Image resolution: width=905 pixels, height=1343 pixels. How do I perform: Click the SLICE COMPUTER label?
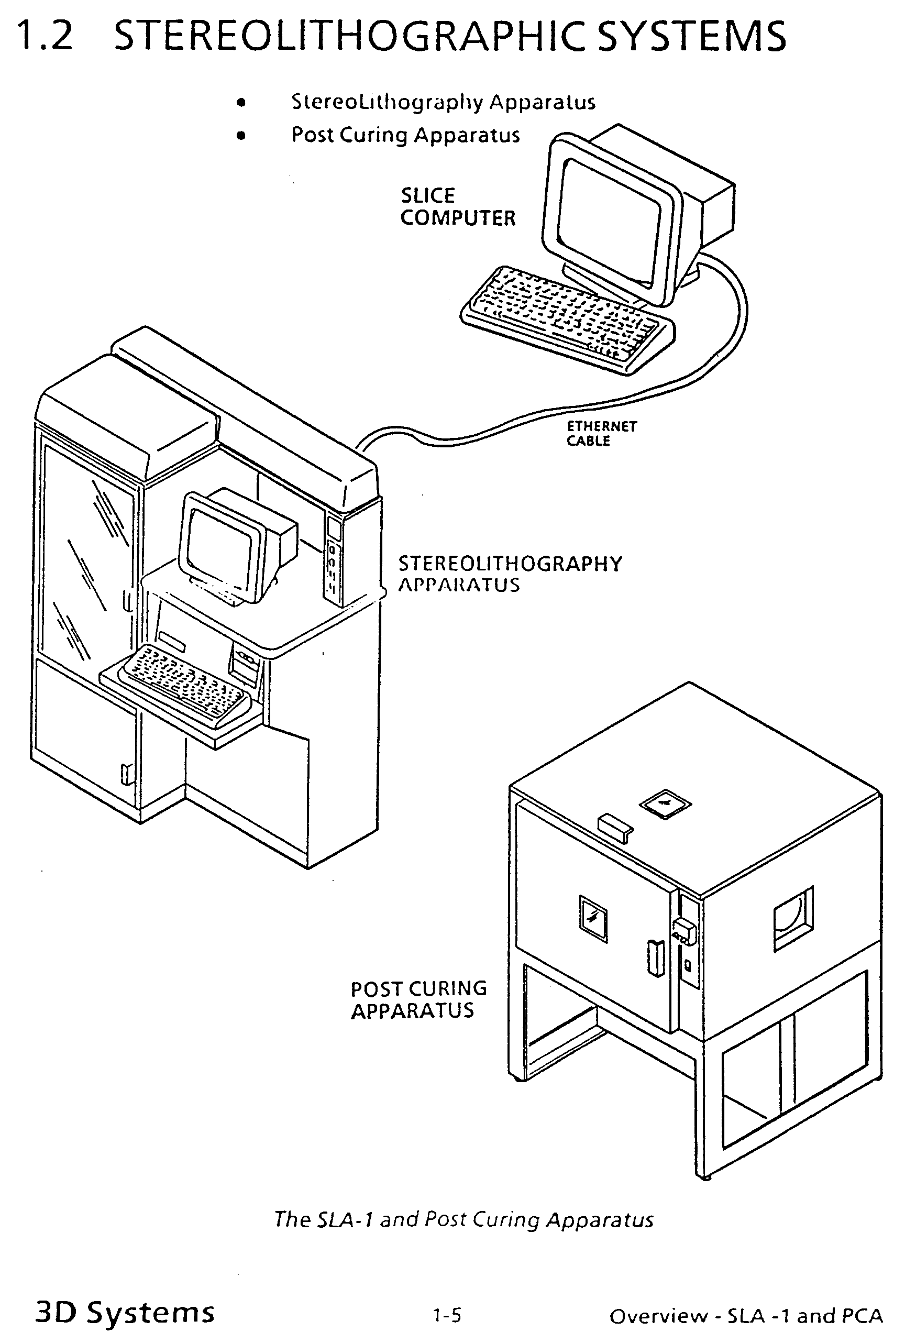(458, 206)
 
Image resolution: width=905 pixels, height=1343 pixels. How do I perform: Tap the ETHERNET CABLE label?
(601, 433)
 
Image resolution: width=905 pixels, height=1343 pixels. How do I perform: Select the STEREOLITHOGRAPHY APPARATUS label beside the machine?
(510, 574)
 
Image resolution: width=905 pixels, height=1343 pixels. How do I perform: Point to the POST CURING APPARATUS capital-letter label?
(418, 1000)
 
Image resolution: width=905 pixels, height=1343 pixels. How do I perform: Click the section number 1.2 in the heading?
(45, 36)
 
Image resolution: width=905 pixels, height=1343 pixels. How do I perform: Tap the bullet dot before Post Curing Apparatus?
(241, 136)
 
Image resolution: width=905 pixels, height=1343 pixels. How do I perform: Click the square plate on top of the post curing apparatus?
(666, 804)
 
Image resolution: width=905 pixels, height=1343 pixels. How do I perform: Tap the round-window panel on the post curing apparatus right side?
(793, 918)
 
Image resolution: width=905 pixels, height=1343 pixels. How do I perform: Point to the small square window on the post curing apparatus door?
(593, 918)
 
